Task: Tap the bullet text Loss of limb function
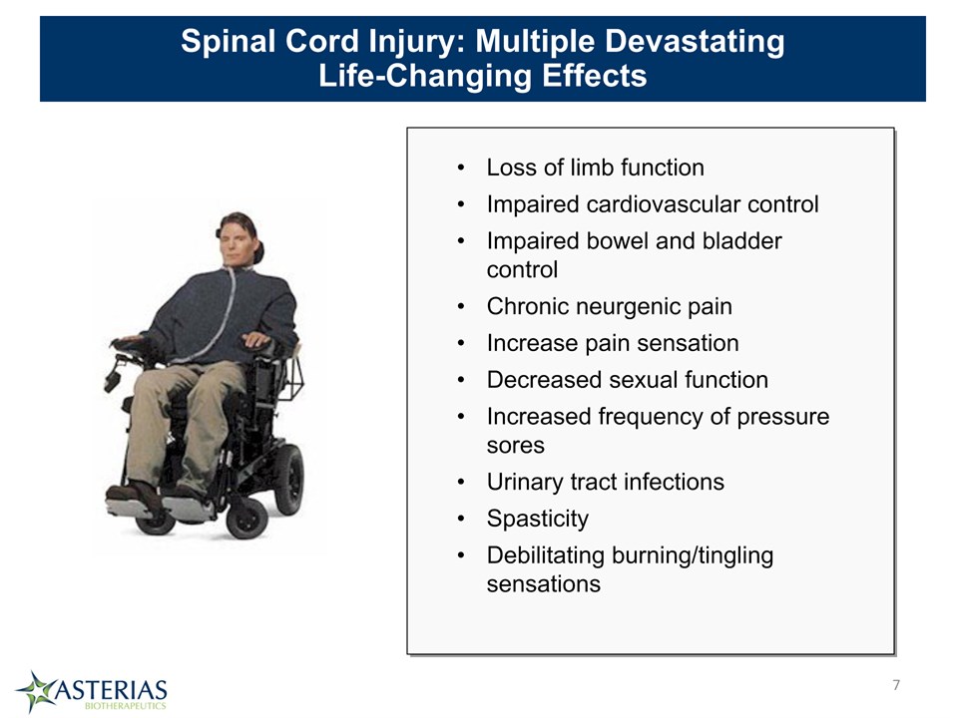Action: [x=595, y=168]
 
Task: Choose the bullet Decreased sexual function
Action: [x=627, y=380]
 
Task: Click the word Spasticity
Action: [x=538, y=519]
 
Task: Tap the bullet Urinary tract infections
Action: [x=605, y=482]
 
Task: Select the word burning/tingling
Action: [x=693, y=555]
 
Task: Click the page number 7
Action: [x=896, y=685]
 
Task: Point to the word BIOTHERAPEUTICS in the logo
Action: [x=126, y=706]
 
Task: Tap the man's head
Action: [x=239, y=239]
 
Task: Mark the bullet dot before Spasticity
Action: [x=461, y=519]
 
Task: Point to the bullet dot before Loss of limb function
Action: [x=461, y=168]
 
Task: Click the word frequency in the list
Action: [x=650, y=417]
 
